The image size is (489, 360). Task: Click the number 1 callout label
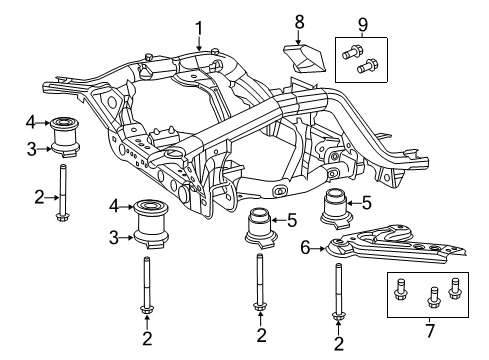coord(199,28)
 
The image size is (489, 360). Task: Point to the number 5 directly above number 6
coord(367,204)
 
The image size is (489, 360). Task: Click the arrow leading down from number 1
coord(199,42)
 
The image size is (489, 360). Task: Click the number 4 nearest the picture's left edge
coord(32,124)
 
